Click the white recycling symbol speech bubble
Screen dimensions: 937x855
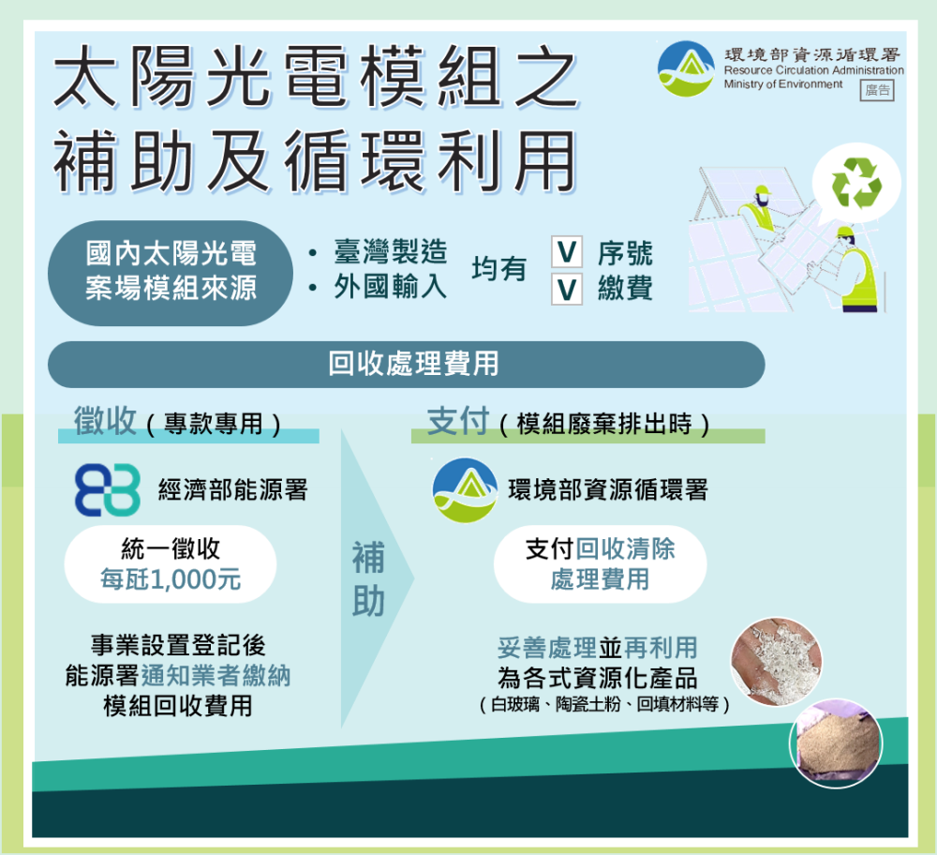pos(855,183)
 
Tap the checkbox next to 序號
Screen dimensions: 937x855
pos(567,252)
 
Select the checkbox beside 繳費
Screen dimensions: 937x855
pos(567,290)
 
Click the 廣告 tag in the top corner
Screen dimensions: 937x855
pos(877,91)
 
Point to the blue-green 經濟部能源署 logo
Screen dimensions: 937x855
pos(108,489)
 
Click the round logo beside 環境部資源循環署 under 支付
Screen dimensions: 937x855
pos(465,490)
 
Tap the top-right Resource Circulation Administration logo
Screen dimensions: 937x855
pos(686,68)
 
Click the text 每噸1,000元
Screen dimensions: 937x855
pos(171,579)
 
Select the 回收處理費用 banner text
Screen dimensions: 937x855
pos(413,364)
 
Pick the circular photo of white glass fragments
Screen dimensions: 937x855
pos(777,661)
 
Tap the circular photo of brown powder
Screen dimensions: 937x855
pos(836,743)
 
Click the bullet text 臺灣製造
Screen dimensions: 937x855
pos(390,252)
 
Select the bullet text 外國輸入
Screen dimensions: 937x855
pos(390,287)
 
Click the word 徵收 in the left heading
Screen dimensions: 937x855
pos(105,420)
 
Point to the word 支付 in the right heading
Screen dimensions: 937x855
pos(458,422)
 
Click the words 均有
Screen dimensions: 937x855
pos(499,269)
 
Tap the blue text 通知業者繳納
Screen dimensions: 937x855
pos(216,676)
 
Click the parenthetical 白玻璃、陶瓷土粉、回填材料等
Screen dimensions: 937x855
pos(604,705)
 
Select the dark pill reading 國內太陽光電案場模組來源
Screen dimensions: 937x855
pos(171,273)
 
